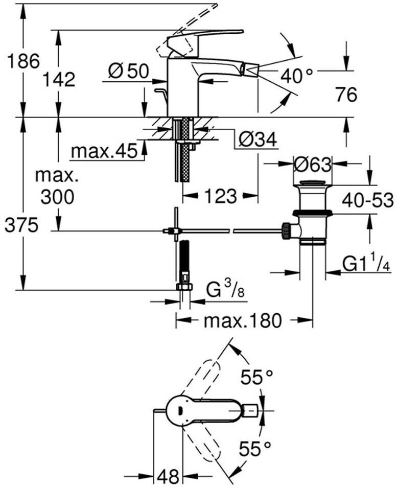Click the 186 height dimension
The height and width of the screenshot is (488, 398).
(x=21, y=61)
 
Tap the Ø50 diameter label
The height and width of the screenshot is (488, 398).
(x=128, y=72)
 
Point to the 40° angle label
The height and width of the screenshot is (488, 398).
(x=297, y=76)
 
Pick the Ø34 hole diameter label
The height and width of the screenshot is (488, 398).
(x=258, y=138)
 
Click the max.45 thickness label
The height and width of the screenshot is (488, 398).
(x=104, y=151)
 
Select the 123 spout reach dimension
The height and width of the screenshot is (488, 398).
(x=220, y=196)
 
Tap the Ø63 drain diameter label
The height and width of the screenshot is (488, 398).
(x=313, y=165)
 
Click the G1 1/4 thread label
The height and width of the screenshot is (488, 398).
(x=365, y=264)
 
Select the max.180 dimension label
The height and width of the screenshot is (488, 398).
(x=243, y=321)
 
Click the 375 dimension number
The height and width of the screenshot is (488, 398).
(x=21, y=225)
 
